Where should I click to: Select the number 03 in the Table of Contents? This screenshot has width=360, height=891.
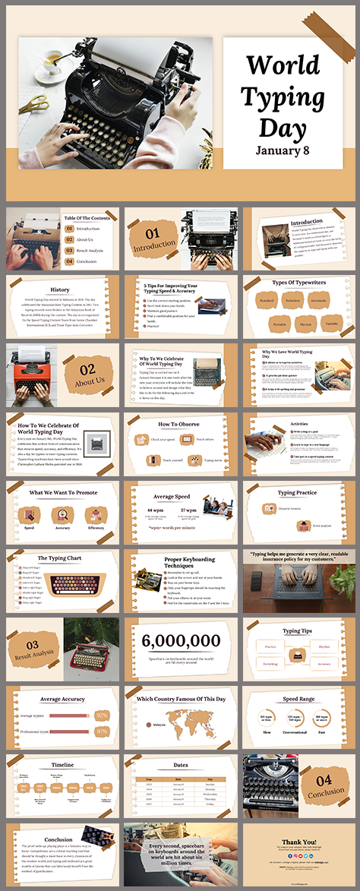[x=69, y=250]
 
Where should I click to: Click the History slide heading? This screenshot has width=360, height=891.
[x=60, y=289]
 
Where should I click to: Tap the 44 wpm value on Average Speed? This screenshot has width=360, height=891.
[x=155, y=510]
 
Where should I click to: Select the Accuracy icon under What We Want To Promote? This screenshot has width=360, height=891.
[x=63, y=515]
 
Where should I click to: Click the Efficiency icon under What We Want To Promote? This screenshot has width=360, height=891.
[x=96, y=515]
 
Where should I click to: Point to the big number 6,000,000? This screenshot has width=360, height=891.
[x=181, y=641]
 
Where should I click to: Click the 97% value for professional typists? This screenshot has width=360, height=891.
[x=101, y=731]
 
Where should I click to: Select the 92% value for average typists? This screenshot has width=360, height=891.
[x=101, y=715]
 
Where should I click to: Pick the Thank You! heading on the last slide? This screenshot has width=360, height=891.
[x=301, y=842]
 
